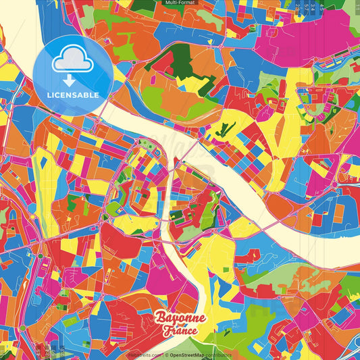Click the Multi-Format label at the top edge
coord(180,3)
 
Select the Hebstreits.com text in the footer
coord(145,355)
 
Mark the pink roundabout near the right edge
coord(334,184)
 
